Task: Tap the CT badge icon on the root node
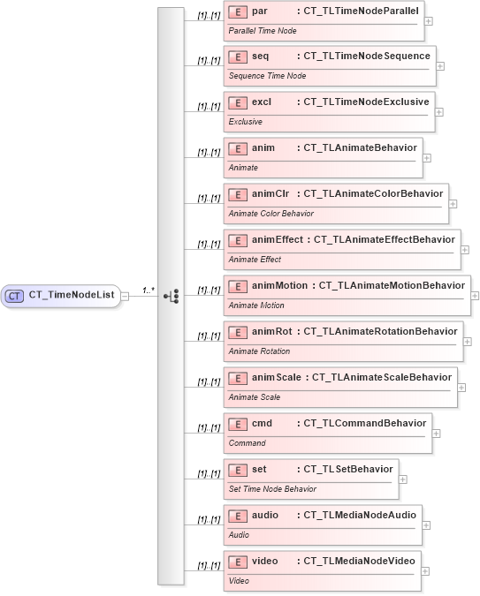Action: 14,296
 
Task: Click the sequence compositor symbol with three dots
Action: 172,296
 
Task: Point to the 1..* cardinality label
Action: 149,290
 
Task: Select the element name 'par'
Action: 260,11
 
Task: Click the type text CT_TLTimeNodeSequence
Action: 367,57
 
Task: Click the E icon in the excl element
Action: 237,102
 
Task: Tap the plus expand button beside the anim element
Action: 427,158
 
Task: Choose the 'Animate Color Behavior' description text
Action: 270,214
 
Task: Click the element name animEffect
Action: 278,239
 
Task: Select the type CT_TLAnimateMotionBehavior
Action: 391,285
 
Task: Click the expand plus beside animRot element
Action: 468,342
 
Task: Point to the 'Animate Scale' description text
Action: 255,397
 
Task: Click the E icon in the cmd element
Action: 237,424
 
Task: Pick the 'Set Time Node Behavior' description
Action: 272,489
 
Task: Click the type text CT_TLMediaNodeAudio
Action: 360,515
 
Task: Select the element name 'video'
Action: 265,561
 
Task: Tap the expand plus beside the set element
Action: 403,479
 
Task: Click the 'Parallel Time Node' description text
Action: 263,30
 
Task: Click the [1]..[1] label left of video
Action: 210,566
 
